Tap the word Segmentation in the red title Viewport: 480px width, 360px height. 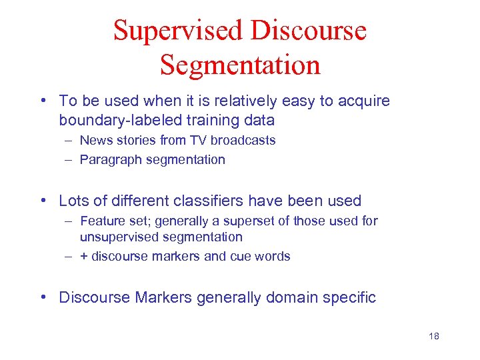(240, 65)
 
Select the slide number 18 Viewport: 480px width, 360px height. (434, 336)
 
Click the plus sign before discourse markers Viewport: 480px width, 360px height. (83, 257)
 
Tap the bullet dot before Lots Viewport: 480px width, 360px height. (43, 201)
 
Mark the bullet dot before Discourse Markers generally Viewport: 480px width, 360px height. (43, 297)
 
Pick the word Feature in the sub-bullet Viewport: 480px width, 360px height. (101, 221)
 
